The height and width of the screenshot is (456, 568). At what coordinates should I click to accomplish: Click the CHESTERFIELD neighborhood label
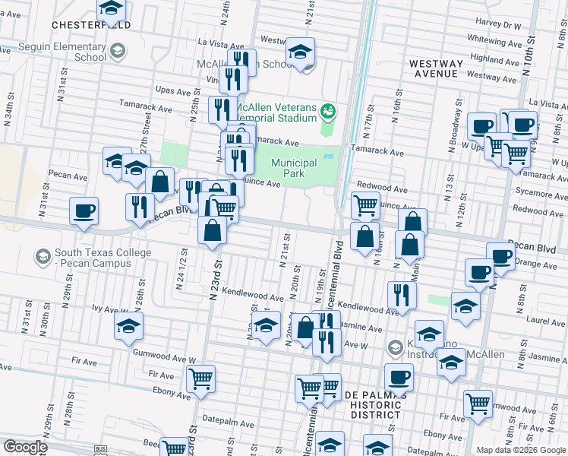tap(91, 25)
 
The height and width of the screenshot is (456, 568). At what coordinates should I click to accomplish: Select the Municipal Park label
tap(294, 168)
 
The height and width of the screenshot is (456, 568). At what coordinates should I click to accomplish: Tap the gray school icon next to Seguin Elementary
tap(117, 52)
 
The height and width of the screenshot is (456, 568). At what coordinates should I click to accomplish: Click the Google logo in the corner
tap(25, 446)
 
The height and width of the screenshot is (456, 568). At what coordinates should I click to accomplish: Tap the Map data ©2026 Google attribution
tap(516, 450)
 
